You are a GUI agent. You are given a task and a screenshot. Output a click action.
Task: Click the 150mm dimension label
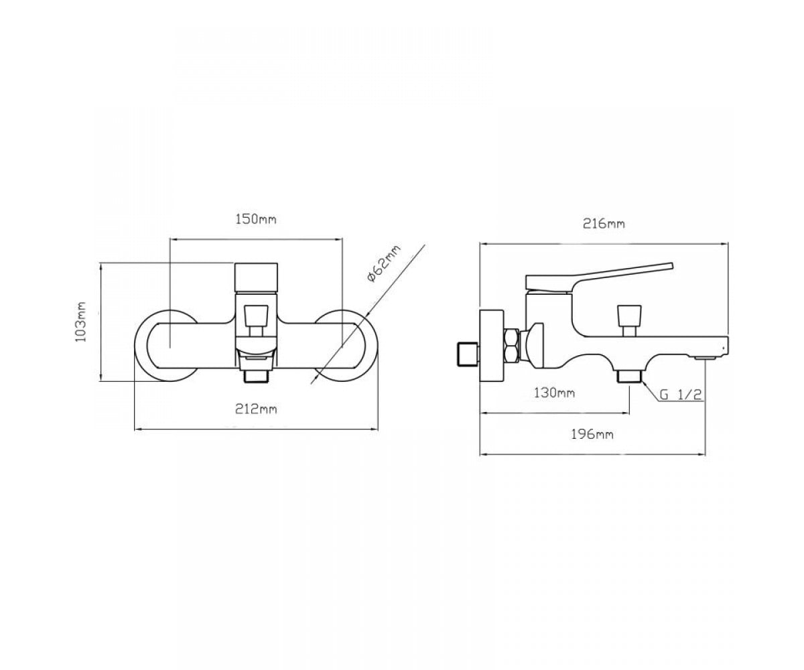tap(256, 220)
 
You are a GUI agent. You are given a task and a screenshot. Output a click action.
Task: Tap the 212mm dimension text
tap(256, 409)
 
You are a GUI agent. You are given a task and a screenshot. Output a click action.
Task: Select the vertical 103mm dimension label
tap(80, 322)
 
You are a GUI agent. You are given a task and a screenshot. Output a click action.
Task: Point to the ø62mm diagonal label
tap(383, 264)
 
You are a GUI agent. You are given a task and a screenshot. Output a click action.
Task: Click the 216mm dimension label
tap(604, 224)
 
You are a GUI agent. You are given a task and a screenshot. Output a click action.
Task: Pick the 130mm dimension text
tap(554, 393)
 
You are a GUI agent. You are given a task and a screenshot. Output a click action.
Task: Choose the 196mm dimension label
tap(592, 435)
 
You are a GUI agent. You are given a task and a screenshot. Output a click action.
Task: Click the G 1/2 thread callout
tap(681, 395)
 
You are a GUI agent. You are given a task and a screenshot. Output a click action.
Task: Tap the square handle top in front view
tap(256, 278)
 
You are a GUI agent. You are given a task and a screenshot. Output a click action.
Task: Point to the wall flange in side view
tap(492, 346)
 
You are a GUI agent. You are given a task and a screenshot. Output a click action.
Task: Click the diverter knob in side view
tap(629, 321)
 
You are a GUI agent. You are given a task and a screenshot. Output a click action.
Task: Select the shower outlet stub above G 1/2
tap(629, 376)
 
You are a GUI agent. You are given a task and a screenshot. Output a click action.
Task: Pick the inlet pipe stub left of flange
tap(467, 354)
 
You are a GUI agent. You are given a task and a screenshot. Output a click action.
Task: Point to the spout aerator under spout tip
tap(706, 358)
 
